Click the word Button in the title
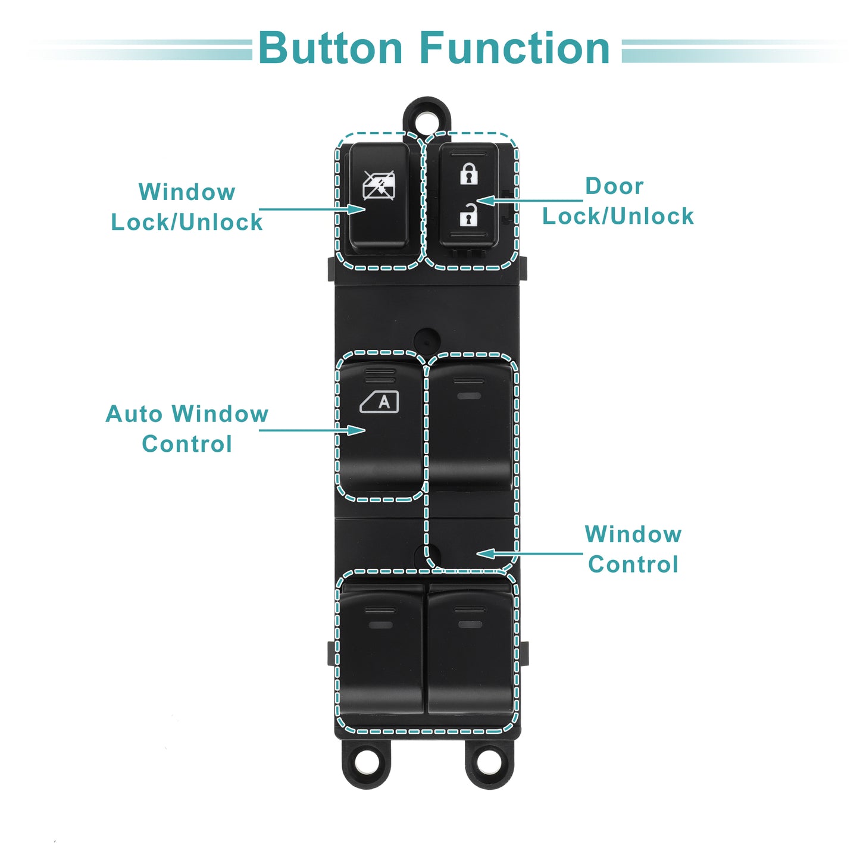(x=331, y=48)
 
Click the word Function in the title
(x=515, y=48)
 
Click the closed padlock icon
(x=468, y=174)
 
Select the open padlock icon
(x=468, y=214)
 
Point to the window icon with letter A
(x=379, y=402)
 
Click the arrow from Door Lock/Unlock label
(x=529, y=201)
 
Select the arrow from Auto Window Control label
(x=312, y=430)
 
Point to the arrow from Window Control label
(x=529, y=553)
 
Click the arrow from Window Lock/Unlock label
(x=312, y=209)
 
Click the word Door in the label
(x=614, y=186)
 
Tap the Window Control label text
(x=633, y=549)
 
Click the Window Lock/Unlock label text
(x=186, y=207)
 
